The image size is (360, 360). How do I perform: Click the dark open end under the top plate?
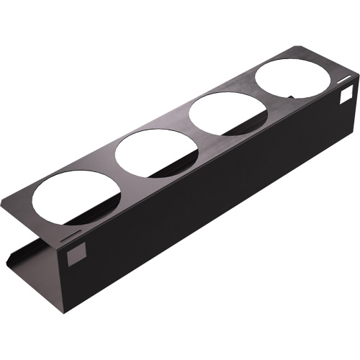coord(32,245)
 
